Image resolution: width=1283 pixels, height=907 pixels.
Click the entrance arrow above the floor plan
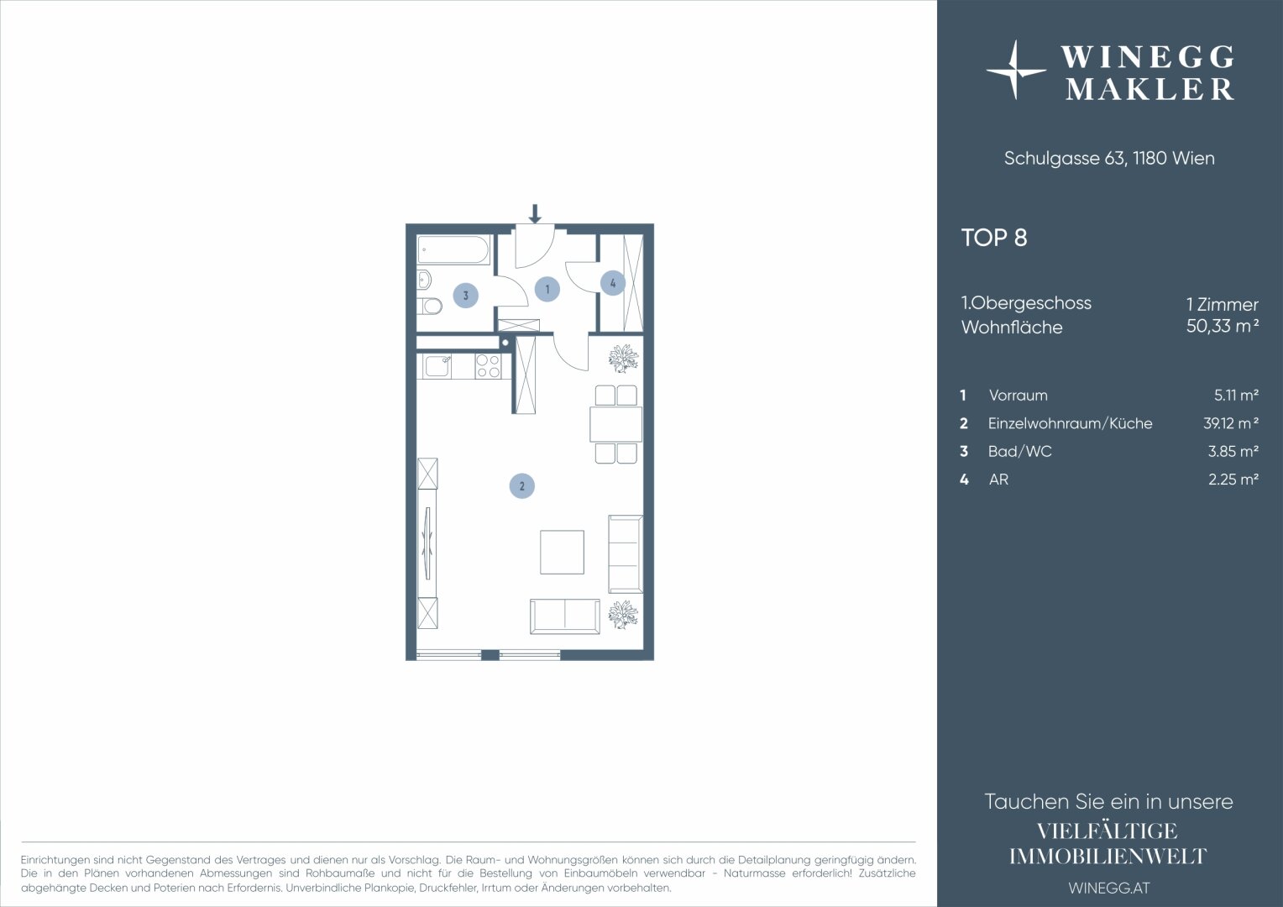[535, 213]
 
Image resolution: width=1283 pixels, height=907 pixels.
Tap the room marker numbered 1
[547, 290]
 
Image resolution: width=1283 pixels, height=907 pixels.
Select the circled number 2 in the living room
[521, 486]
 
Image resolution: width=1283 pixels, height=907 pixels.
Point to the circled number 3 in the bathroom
[466, 296]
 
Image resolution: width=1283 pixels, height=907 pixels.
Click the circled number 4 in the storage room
[613, 283]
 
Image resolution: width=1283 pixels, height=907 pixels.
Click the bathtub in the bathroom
[453, 249]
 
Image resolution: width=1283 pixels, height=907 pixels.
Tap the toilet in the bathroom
[429, 307]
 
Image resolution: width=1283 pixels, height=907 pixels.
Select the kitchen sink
[437, 366]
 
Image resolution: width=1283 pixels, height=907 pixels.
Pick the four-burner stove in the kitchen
[488, 366]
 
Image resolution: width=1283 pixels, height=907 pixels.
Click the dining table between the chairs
[615, 424]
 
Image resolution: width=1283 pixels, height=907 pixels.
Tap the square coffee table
[562, 552]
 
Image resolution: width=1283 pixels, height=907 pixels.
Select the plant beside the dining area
[623, 359]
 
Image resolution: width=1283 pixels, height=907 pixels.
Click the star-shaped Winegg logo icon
[1015, 71]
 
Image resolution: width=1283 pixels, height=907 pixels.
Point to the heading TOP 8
[994, 238]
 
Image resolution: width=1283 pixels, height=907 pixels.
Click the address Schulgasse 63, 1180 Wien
[1109, 158]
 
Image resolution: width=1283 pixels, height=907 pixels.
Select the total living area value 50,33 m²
[1223, 326]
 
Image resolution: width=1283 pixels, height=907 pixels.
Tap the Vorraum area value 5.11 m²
[1236, 395]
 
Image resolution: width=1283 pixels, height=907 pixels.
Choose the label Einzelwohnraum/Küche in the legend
[1070, 423]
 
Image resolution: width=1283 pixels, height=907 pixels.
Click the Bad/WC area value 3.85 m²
[1233, 451]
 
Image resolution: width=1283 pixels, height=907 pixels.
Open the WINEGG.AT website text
[1109, 888]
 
